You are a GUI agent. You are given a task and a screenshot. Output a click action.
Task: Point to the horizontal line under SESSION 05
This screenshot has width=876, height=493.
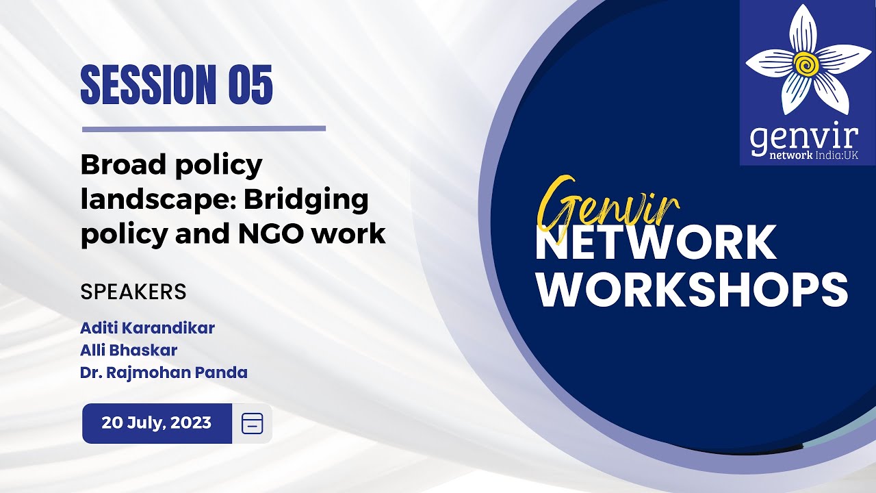tap(204, 128)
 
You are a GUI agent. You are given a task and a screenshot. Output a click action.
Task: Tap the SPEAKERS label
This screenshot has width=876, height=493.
tap(133, 292)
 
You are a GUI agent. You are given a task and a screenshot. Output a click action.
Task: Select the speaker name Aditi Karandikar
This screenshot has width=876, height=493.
tap(148, 328)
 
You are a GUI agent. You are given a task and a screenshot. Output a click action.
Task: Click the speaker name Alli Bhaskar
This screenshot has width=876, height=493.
tap(129, 351)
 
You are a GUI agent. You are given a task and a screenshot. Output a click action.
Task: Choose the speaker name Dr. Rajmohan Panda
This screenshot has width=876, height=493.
tap(164, 373)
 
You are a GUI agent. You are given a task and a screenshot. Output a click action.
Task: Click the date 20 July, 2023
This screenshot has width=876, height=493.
tap(157, 423)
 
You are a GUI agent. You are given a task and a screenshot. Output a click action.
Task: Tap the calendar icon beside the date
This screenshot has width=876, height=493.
tap(252, 424)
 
